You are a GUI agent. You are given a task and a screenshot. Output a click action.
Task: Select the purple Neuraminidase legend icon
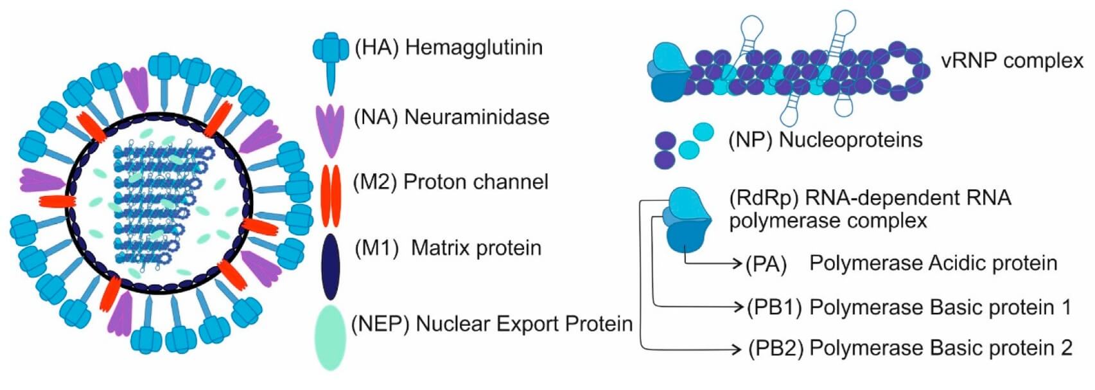pyautogui.click(x=331, y=127)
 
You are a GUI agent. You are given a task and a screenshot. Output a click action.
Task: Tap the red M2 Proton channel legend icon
pyautogui.click(x=331, y=196)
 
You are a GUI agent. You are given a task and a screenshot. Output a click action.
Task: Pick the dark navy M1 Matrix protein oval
pyautogui.click(x=330, y=266)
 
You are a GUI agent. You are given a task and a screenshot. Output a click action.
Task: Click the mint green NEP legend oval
pyautogui.click(x=331, y=337)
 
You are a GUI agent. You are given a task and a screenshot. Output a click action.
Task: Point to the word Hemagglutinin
pyautogui.click(x=474, y=48)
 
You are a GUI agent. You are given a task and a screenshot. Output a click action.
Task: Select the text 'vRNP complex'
pyautogui.click(x=1012, y=61)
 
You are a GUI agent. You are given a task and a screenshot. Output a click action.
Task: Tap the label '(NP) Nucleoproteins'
pyautogui.click(x=825, y=139)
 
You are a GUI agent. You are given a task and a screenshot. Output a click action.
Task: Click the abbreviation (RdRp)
pyautogui.click(x=764, y=198)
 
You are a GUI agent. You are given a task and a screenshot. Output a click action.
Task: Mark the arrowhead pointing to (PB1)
pyautogui.click(x=738, y=307)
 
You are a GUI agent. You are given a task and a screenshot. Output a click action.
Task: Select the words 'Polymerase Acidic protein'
pyautogui.click(x=933, y=263)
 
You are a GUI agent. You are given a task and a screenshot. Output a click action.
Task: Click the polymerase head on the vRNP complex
pyautogui.click(x=669, y=72)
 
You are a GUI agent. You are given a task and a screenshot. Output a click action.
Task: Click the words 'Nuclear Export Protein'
pyautogui.click(x=524, y=324)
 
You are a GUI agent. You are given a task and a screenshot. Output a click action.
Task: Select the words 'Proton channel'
pyautogui.click(x=476, y=182)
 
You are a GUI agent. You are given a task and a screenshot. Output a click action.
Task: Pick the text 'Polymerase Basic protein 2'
pyautogui.click(x=940, y=348)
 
